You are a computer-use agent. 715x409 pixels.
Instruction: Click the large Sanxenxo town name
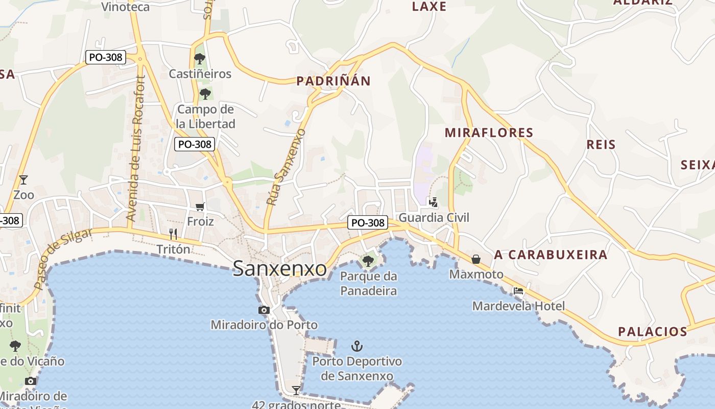point(279,268)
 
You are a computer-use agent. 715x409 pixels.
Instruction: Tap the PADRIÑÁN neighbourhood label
point(333,81)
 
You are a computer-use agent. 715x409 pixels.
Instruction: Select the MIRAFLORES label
point(489,133)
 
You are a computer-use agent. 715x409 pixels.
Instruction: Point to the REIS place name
point(601,145)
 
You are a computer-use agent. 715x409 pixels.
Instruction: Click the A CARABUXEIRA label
point(551,255)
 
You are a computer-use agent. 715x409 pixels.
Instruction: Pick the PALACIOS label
point(653,332)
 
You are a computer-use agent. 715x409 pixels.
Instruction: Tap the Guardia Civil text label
point(434,218)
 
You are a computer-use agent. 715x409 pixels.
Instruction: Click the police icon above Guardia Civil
point(433,202)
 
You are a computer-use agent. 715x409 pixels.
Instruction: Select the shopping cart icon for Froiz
point(200,207)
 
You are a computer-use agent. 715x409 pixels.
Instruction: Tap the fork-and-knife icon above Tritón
point(173,234)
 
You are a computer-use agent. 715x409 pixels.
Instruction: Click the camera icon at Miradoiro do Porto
point(264,310)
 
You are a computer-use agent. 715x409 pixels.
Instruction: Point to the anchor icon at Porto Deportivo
point(357,347)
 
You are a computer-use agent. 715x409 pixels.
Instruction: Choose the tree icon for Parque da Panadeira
point(368,261)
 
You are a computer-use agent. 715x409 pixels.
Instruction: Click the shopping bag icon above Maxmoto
point(476,259)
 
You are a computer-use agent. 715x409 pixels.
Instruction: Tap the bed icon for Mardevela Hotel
point(518,291)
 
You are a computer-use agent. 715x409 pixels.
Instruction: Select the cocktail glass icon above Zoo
point(23,179)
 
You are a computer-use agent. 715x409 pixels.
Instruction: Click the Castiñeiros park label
point(200,74)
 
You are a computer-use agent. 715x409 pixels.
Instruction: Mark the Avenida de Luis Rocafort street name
point(136,148)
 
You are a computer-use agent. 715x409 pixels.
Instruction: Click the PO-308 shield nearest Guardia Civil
point(368,223)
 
